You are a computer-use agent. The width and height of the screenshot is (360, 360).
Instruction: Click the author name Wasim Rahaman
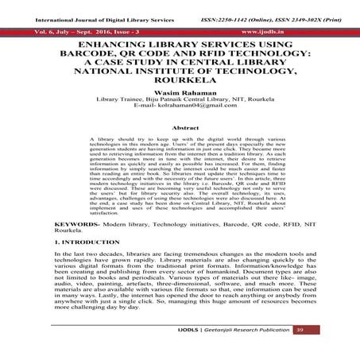coord(180,91)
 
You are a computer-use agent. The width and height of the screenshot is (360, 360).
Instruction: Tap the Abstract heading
coord(180,126)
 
